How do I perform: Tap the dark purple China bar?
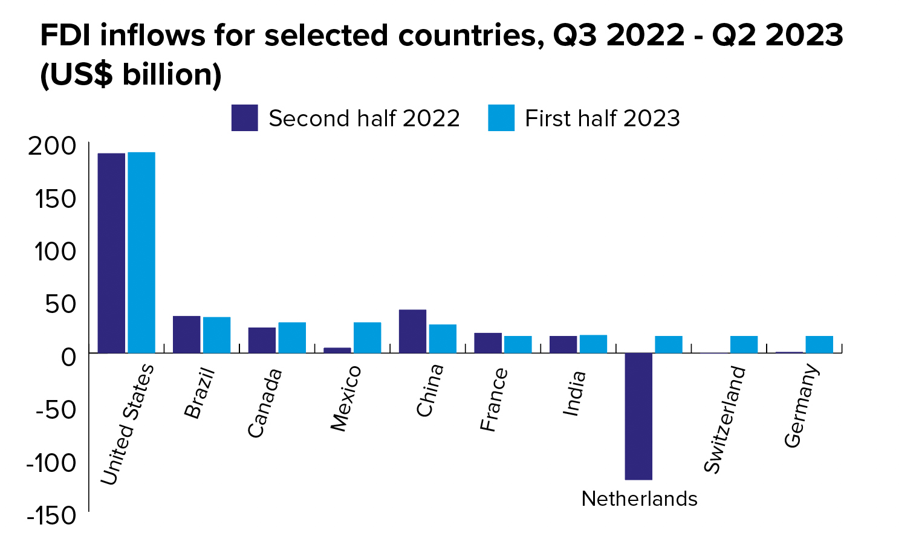point(412,331)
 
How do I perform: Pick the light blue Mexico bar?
point(367,338)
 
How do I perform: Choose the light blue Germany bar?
point(819,344)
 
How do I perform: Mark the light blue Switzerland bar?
point(744,344)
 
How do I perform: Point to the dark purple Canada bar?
point(262,340)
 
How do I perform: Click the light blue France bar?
point(518,344)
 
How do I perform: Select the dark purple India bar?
point(563,344)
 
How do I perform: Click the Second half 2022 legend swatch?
point(244,118)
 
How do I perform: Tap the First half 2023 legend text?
point(602,118)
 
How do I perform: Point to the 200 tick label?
point(52,147)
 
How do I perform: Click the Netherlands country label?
point(639,499)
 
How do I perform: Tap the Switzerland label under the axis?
point(724,419)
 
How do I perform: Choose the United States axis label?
point(127,425)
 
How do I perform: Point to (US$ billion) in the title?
point(131,75)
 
